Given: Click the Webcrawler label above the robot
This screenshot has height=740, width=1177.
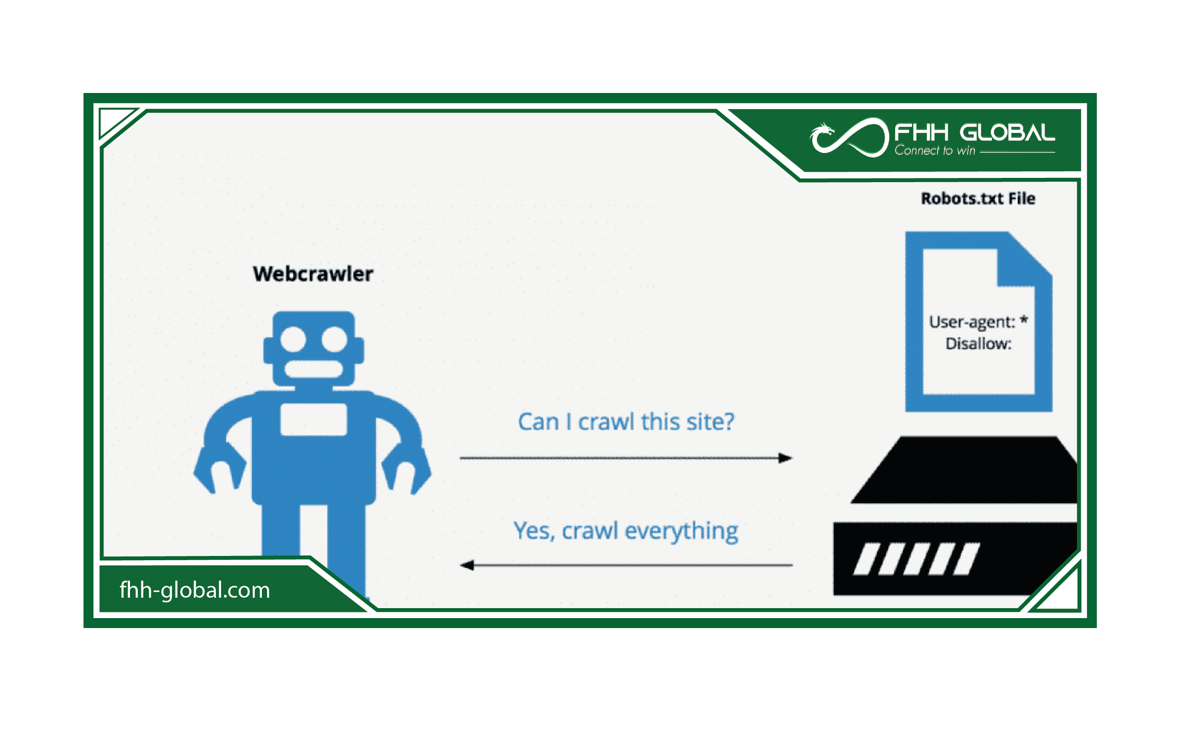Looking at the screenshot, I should tap(313, 274).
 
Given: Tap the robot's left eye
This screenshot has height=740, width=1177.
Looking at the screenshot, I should tap(293, 339).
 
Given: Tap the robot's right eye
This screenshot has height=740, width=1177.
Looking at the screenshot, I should tap(334, 339).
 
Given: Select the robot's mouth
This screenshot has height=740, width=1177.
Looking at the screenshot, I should tap(313, 370).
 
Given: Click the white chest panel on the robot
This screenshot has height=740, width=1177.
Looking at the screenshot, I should tap(313, 419).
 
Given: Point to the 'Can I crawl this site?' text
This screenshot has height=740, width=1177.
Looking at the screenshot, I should tap(626, 421).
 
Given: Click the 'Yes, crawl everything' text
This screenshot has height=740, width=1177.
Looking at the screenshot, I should tap(626, 531).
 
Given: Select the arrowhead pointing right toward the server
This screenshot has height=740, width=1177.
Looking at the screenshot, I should tap(785, 458).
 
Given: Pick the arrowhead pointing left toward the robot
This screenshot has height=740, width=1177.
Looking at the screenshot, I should tap(467, 565).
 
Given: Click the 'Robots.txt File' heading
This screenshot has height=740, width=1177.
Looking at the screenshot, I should tap(978, 198).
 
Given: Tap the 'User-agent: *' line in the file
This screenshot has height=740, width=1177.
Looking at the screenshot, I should tap(978, 322).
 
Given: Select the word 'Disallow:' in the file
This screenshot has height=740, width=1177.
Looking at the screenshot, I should tap(978, 343).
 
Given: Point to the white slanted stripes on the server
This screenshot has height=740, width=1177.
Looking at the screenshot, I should tap(917, 559).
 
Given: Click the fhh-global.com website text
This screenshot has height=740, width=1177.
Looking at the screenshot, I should tap(195, 590).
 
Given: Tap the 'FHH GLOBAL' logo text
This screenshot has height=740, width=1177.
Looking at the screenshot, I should tap(974, 132).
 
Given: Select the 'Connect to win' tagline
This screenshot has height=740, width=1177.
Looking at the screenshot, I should tap(935, 150).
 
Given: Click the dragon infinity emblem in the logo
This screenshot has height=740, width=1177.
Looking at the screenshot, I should tap(849, 138).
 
